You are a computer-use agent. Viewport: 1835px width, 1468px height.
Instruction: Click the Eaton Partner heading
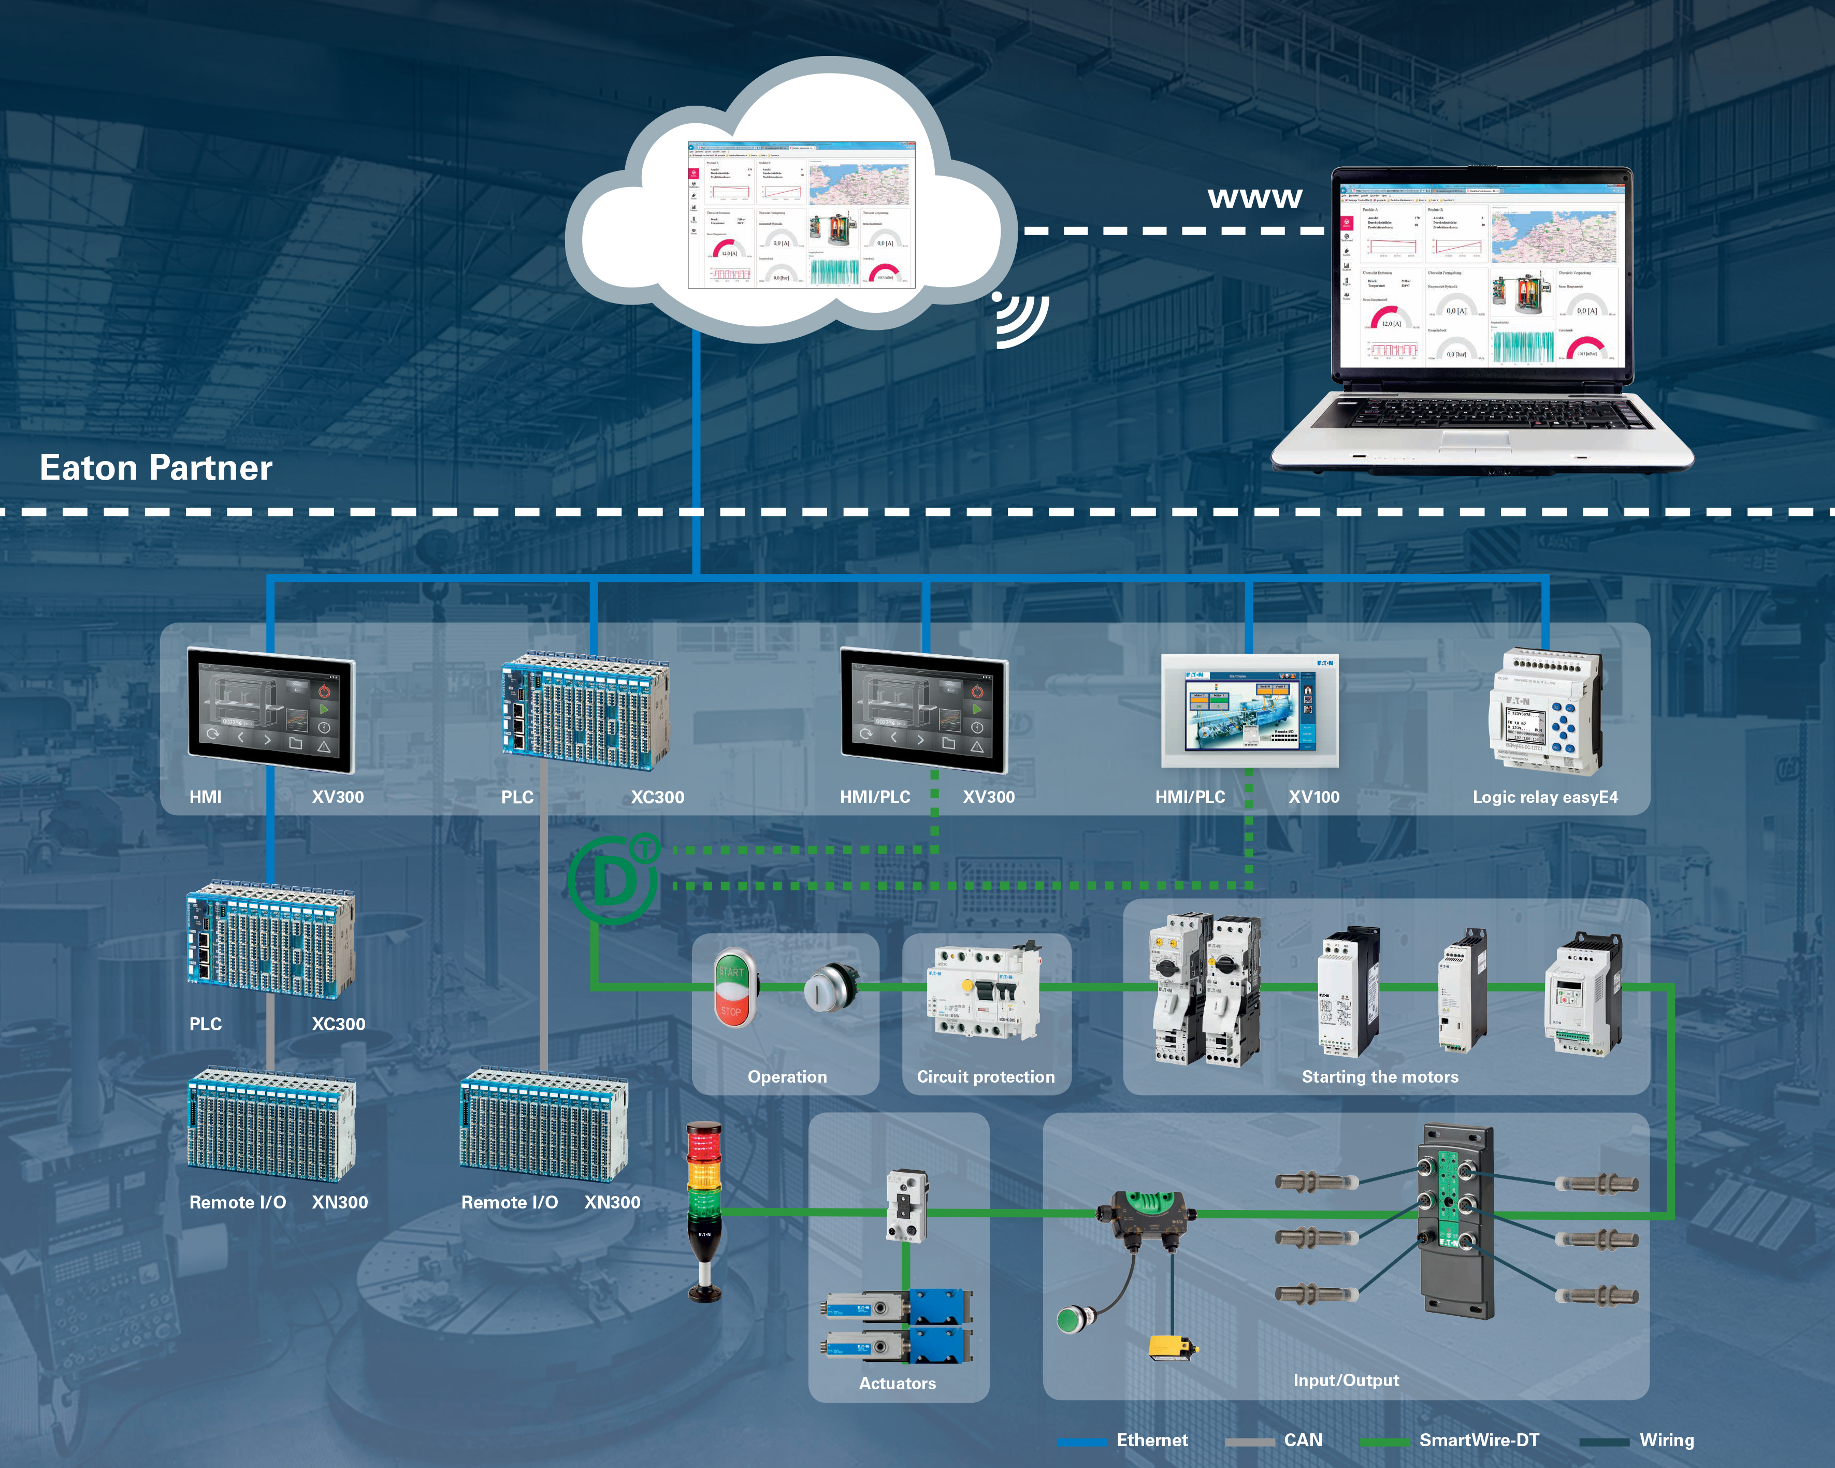click(156, 467)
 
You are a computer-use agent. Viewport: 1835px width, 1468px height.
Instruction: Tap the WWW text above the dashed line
click(1254, 198)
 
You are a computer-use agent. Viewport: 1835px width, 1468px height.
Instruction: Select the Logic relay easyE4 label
click(1545, 797)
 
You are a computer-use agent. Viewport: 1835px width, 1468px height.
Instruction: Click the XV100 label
click(1313, 797)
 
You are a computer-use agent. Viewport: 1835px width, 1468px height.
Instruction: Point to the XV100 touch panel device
click(1249, 711)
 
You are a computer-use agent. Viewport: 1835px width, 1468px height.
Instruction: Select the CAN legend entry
click(1302, 1440)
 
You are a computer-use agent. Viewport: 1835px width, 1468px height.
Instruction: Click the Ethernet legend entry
click(1151, 1440)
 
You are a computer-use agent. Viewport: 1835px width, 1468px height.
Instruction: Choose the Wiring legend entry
click(1666, 1440)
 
